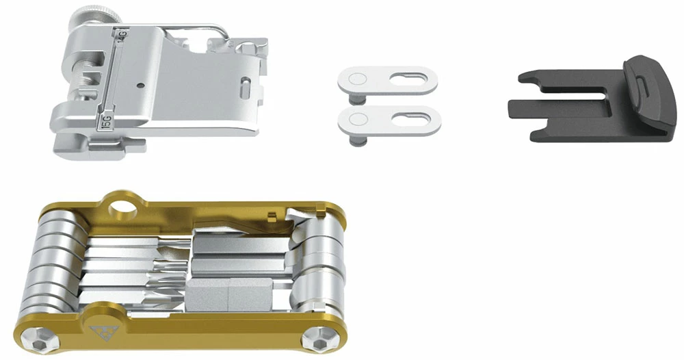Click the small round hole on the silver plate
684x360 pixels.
(140, 86)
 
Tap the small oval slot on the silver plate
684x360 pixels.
(244, 88)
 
